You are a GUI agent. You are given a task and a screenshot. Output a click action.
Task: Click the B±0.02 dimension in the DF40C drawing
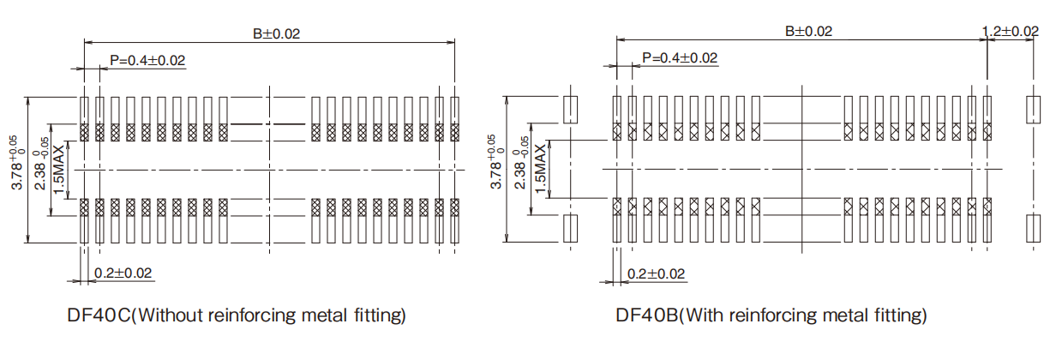tap(276, 33)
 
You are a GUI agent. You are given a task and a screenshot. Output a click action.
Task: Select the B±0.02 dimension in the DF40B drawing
tap(808, 31)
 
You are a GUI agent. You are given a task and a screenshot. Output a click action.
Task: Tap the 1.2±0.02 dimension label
tap(1011, 31)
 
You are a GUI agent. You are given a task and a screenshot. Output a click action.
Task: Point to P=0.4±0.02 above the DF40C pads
tap(147, 60)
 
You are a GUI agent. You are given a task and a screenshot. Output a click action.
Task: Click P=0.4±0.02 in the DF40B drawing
tap(680, 57)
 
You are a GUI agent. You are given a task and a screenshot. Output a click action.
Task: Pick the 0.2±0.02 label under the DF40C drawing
tap(123, 273)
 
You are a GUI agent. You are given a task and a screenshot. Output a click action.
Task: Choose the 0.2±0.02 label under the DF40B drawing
tap(656, 274)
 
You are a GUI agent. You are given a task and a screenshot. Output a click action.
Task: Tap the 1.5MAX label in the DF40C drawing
tap(58, 169)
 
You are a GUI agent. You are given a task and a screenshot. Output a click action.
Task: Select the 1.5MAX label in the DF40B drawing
tap(540, 169)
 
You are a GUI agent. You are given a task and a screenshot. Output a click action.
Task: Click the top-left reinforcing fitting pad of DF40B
tap(571, 108)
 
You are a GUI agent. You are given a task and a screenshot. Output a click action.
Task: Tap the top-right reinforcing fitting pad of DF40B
tap(1034, 108)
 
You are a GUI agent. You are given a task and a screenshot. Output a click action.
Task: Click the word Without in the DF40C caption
tap(175, 315)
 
